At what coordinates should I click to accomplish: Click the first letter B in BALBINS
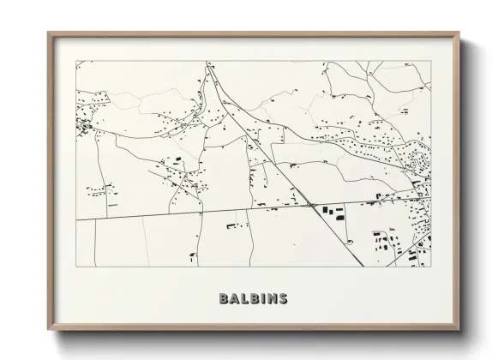(224, 299)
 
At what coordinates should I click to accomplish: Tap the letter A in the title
(234, 299)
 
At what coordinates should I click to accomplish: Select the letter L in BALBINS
(243, 299)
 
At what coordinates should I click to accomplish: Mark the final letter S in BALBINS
(282, 299)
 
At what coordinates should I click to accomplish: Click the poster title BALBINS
(253, 299)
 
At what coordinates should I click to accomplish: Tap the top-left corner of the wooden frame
(48, 33)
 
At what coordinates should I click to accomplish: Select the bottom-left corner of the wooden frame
(48, 328)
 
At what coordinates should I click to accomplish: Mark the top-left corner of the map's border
(75, 60)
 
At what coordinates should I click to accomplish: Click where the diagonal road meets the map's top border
(207, 60)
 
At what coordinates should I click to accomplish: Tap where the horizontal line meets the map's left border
(75, 219)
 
